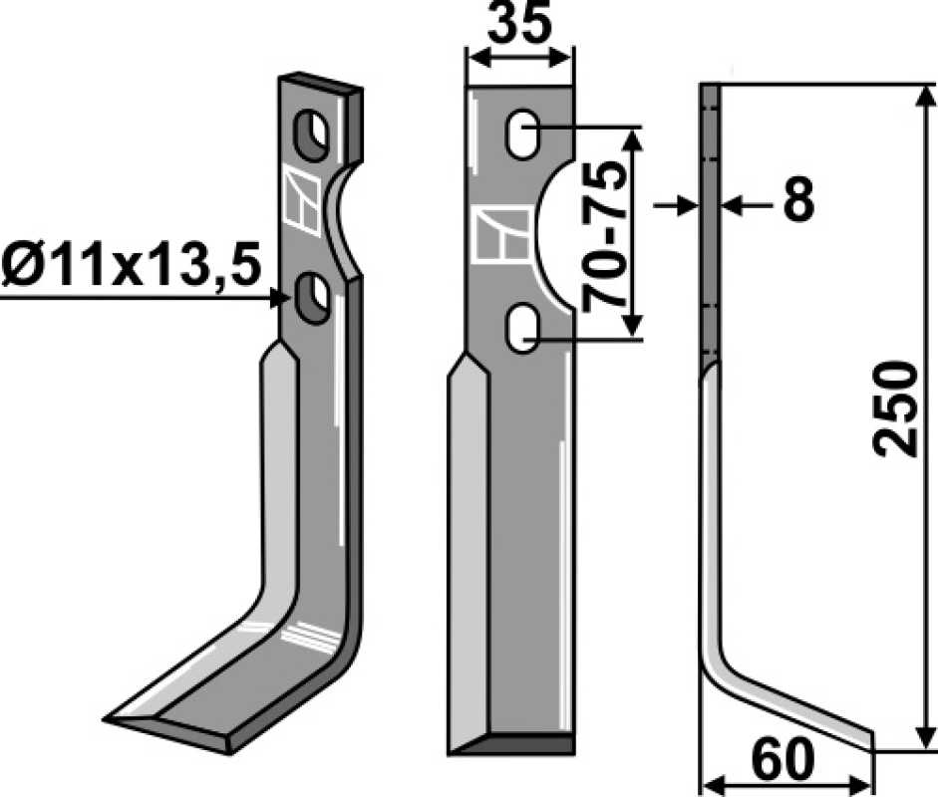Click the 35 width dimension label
(x=518, y=25)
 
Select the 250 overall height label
(x=895, y=408)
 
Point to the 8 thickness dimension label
(x=798, y=199)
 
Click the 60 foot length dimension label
(x=783, y=758)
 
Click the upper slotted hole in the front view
(x=523, y=133)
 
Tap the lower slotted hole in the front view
(x=523, y=330)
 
